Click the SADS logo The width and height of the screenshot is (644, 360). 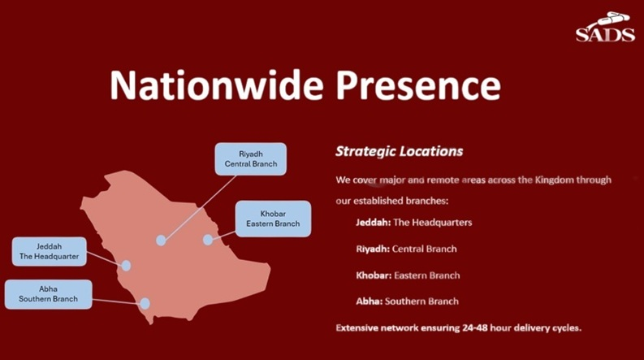click(x=605, y=27)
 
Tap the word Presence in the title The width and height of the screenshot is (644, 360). click(x=418, y=85)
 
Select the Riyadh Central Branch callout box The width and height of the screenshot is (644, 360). click(x=251, y=159)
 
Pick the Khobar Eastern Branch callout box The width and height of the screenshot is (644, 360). click(x=273, y=219)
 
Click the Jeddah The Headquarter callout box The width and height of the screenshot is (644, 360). click(x=50, y=251)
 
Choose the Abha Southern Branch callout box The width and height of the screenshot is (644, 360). click(x=49, y=294)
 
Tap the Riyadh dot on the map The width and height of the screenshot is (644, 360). click(x=161, y=241)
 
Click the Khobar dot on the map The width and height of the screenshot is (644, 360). click(x=208, y=240)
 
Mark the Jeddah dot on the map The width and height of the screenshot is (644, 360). click(x=126, y=266)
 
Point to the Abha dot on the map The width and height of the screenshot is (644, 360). click(x=145, y=304)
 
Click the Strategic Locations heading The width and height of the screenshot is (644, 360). click(x=400, y=151)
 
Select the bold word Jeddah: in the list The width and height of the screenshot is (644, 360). click(x=374, y=223)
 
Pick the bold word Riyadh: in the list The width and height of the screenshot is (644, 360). click(x=373, y=249)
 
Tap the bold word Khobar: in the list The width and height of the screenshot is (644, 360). click(x=374, y=275)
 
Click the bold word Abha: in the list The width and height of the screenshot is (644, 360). click(x=370, y=301)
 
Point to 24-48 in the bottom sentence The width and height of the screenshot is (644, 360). click(x=474, y=328)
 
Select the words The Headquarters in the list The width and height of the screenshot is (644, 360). click(x=433, y=223)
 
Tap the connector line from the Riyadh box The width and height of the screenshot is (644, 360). click(x=201, y=207)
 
